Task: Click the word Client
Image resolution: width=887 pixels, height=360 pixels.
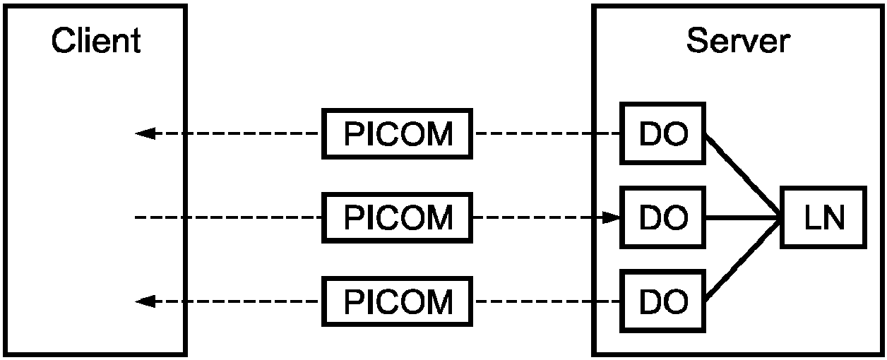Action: (x=96, y=40)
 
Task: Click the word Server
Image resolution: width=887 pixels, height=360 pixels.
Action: (x=738, y=40)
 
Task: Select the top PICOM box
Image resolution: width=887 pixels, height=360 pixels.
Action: (x=397, y=133)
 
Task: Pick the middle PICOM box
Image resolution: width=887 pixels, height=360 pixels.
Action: (x=397, y=217)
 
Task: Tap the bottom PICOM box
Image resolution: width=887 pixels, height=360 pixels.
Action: (x=397, y=301)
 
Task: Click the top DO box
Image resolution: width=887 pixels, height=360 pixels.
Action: (x=663, y=133)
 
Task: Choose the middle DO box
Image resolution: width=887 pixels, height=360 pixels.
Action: (x=663, y=217)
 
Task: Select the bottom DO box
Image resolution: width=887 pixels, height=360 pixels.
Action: (x=663, y=301)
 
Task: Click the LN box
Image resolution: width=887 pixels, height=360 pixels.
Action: (x=823, y=217)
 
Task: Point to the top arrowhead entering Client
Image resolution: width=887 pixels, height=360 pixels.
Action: (x=145, y=133)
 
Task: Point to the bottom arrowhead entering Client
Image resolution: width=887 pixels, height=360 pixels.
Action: (x=145, y=301)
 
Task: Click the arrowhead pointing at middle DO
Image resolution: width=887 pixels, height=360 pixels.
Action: (x=611, y=217)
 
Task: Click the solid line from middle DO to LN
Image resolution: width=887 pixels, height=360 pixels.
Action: (x=743, y=217)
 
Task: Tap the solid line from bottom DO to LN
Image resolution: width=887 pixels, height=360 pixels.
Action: (x=743, y=260)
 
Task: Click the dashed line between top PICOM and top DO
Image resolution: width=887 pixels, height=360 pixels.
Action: (x=547, y=133)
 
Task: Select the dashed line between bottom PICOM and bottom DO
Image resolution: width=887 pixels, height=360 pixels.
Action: (x=547, y=301)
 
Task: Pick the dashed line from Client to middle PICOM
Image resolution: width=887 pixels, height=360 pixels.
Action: (x=229, y=217)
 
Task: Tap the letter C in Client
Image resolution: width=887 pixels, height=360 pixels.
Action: (x=64, y=40)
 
